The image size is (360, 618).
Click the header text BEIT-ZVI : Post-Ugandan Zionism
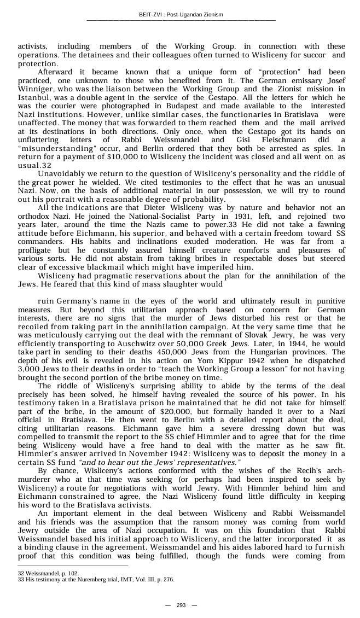point(181,15)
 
